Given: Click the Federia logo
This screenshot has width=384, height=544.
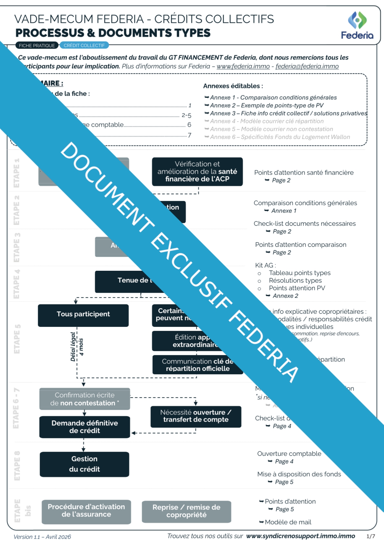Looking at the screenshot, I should [357, 25].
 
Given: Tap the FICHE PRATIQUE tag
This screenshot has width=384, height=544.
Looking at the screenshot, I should [37, 46].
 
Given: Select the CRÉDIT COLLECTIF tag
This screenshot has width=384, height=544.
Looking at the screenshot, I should [84, 46].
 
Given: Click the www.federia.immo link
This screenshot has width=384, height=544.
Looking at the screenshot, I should [243, 66].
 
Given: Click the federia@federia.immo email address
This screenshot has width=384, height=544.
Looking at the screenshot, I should [307, 66].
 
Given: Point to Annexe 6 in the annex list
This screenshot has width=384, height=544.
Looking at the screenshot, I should [280, 137].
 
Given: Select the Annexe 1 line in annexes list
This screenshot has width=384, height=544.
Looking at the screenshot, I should [273, 98].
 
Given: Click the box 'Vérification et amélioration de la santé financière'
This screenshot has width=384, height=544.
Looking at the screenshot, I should [197, 172].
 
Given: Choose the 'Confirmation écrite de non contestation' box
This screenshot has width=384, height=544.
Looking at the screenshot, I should [85, 399].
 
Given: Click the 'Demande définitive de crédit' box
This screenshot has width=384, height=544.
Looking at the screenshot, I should [85, 427].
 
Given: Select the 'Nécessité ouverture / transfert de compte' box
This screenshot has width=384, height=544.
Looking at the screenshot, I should [196, 416].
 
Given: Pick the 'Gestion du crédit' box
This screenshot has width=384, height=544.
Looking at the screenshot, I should [84, 464].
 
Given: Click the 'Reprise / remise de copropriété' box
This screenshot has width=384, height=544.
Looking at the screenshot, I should [186, 511].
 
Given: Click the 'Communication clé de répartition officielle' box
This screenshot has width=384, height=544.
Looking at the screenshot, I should [198, 365].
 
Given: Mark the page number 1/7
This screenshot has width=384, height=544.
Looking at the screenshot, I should [370, 536].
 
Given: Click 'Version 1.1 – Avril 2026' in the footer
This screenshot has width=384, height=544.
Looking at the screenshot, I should [42, 537].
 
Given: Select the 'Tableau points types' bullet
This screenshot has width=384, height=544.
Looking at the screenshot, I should [299, 273].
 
